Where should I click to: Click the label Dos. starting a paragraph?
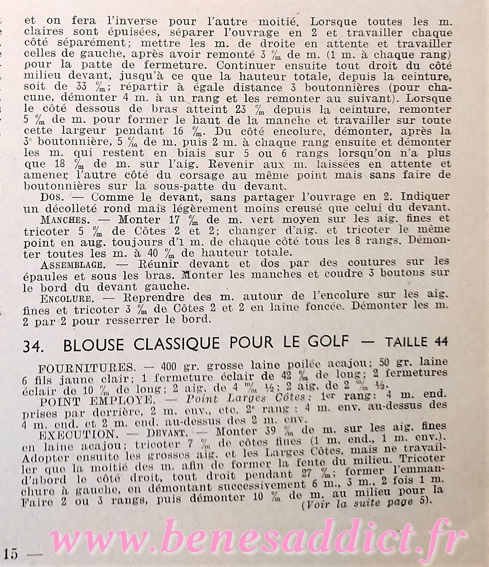(50, 197)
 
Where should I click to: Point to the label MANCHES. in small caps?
(60, 219)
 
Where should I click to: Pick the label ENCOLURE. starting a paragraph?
(65, 296)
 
